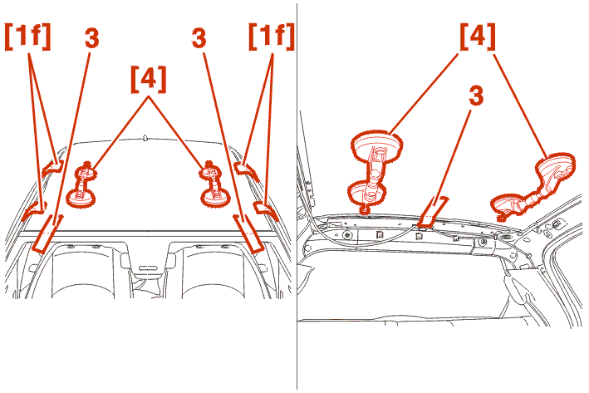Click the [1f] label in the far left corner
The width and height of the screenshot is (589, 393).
[27, 37]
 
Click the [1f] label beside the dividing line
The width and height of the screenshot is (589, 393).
[271, 37]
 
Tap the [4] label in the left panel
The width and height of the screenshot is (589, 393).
[149, 79]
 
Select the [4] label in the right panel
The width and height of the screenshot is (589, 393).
[478, 37]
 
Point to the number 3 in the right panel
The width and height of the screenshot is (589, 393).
[476, 96]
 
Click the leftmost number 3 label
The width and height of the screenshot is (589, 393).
[91, 37]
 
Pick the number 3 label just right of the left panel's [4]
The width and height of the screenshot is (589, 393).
[199, 37]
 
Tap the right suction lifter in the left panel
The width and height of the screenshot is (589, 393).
[214, 184]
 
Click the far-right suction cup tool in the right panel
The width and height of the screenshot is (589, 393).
[533, 187]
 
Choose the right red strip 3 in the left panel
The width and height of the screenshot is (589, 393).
[248, 233]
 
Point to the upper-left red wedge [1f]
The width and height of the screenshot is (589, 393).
[52, 167]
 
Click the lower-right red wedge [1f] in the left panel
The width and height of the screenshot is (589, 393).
[266, 209]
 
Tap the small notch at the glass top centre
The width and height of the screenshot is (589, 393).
[145, 138]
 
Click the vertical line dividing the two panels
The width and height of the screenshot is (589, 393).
[297, 196]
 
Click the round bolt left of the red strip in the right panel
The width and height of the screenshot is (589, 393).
[347, 235]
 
